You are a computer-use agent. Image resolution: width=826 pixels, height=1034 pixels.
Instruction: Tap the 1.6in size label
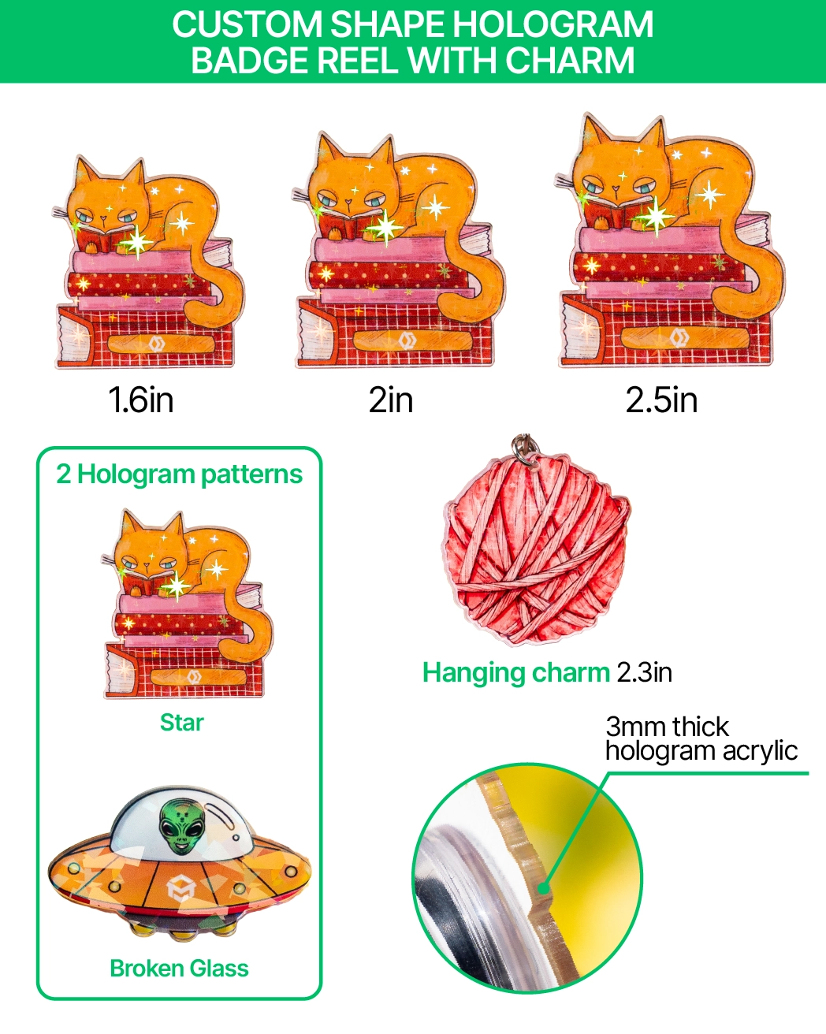141,400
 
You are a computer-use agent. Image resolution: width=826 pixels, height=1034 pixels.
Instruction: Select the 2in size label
391,400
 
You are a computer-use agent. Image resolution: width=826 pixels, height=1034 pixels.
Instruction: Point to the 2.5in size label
661,400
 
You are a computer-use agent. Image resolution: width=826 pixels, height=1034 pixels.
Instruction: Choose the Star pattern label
181,722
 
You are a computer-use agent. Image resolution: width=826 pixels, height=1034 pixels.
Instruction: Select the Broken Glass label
179,968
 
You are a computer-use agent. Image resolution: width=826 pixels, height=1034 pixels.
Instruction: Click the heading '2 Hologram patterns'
179,474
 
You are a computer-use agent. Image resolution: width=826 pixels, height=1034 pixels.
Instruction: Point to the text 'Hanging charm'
516,673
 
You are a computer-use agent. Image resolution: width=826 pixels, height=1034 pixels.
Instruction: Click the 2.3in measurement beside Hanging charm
645,672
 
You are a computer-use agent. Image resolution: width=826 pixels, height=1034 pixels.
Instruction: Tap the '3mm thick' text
667,727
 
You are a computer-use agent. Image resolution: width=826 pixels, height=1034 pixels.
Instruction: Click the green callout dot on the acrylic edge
543,888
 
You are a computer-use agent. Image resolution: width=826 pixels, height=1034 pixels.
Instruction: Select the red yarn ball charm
538,550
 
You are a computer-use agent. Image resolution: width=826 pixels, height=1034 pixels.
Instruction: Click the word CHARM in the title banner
570,60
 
